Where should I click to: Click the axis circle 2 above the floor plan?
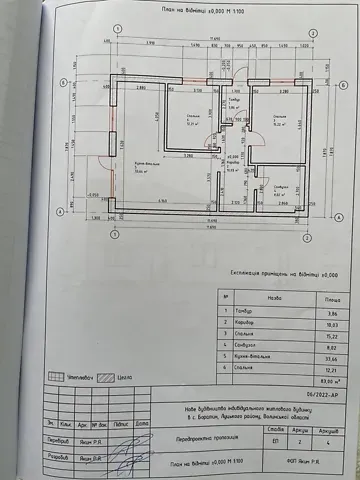[x=313, y=32]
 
